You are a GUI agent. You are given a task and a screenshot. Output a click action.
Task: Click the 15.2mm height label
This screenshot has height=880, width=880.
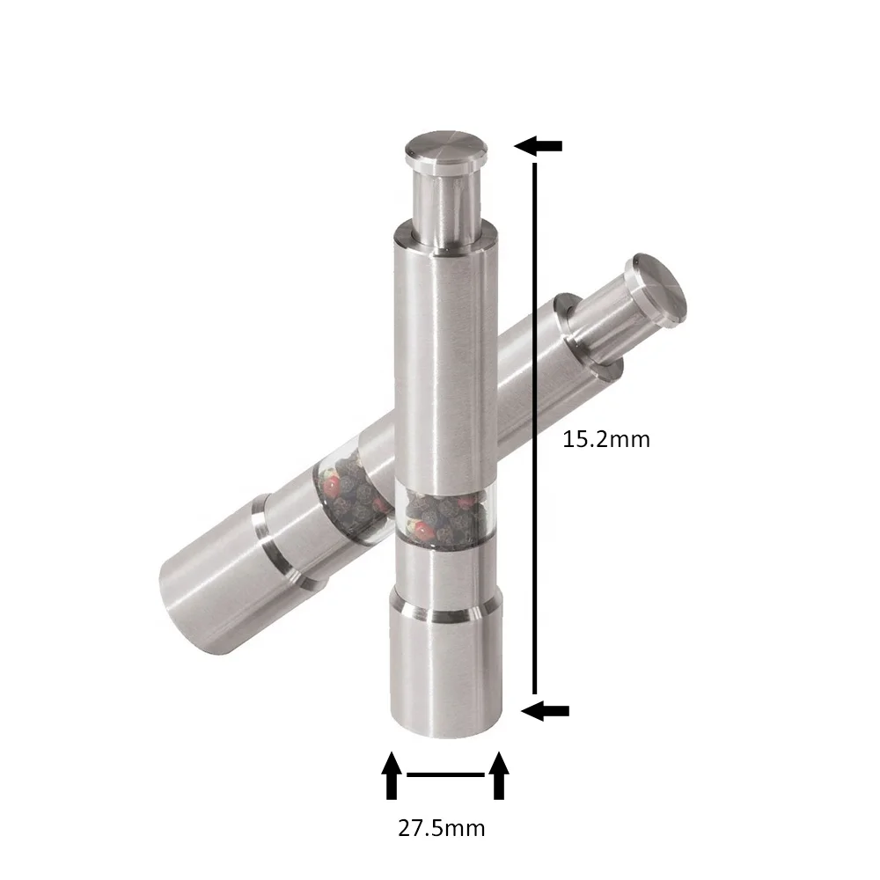(x=605, y=439)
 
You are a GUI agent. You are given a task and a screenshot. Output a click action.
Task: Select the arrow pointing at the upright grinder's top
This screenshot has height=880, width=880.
(x=538, y=145)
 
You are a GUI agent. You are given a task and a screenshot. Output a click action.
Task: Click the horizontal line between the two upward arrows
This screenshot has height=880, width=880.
(x=445, y=775)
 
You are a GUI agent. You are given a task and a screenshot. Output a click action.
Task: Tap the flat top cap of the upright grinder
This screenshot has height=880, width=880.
(x=445, y=148)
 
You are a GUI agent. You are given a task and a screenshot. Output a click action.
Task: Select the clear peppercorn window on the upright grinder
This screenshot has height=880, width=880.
(x=441, y=515)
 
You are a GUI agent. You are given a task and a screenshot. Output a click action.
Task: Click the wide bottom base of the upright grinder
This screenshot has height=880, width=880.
(x=446, y=673)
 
